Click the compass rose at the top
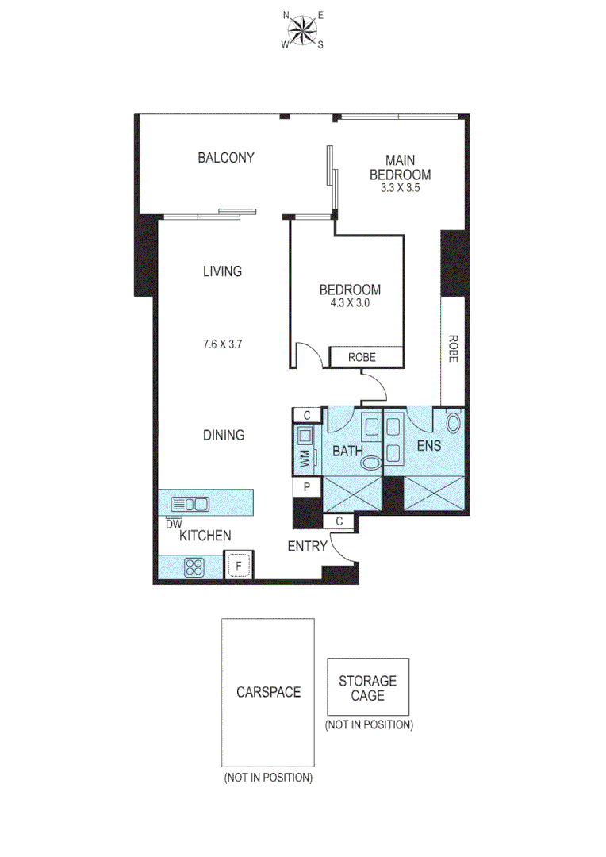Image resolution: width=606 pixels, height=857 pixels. coord(301,31)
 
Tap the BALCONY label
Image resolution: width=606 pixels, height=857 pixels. coord(226,157)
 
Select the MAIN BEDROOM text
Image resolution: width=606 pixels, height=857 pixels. coord(400,167)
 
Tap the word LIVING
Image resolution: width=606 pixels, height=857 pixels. coord(221,271)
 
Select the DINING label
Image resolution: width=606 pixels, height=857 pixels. coord(223,435)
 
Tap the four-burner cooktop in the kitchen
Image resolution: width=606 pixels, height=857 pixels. coord(195,567)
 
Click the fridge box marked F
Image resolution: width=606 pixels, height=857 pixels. coord(237,566)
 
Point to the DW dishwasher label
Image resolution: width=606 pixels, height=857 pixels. coord(174,523)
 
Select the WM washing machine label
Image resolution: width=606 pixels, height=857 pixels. coord(303,458)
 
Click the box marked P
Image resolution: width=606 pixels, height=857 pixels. coord(306,487)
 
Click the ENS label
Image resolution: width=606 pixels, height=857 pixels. coord(430,446)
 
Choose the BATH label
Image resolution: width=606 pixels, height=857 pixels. coord(347,451)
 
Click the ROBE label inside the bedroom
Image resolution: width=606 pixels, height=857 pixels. coord(362,358)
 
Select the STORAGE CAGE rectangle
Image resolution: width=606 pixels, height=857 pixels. coord(368,687)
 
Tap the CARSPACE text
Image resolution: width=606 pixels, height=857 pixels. coord(268,691)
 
